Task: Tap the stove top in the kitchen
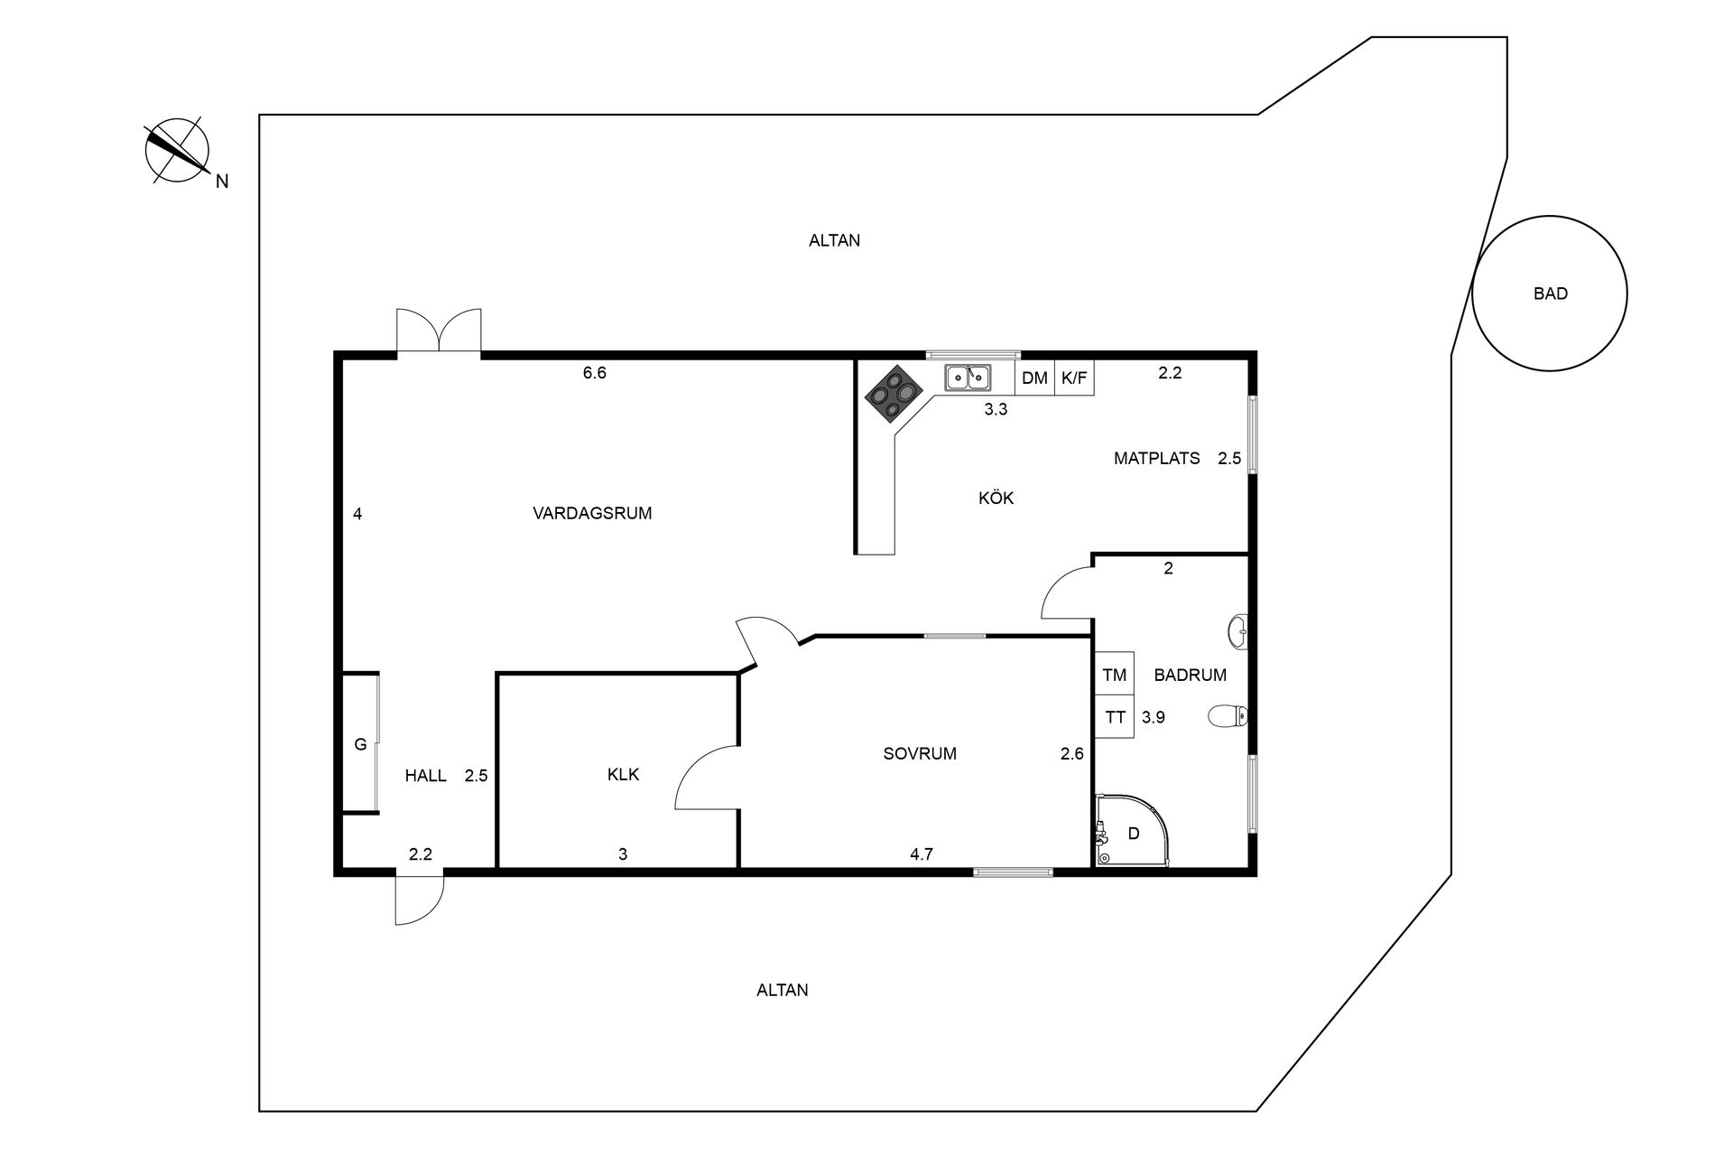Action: point(894,395)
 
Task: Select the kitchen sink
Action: point(968,377)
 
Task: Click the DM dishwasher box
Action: point(1034,378)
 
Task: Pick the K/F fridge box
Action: point(1074,378)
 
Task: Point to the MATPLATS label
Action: point(1156,458)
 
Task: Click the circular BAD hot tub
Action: point(1549,294)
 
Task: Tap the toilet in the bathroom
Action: point(1228,716)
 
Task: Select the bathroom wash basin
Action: point(1238,632)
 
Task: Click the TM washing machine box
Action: point(1114,675)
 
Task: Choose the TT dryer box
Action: point(1114,717)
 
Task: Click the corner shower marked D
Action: point(1130,833)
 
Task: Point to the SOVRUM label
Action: point(920,753)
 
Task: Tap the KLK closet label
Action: point(623,774)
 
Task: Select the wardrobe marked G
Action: point(360,744)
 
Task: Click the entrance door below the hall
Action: point(418,899)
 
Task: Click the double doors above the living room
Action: point(439,331)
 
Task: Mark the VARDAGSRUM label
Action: point(591,513)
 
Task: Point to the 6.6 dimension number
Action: point(594,372)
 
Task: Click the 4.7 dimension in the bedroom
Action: point(921,853)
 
